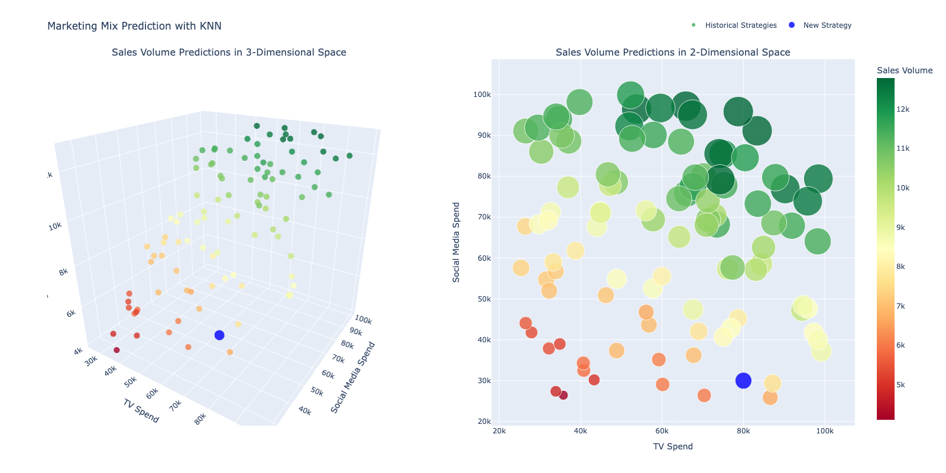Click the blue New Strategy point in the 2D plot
pos(743,381)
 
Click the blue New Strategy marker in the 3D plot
pos(219,335)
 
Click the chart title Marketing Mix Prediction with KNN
pos(134,26)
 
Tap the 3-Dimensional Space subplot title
pos(229,52)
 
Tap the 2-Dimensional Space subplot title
pos(673,52)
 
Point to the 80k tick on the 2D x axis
pos(743,431)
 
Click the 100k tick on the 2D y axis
pos(482,95)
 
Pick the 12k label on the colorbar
pos(903,109)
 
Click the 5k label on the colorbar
pos(900,385)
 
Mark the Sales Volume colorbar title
pos(905,70)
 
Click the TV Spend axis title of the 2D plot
pos(673,446)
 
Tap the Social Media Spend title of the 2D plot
pos(456,242)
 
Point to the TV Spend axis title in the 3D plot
pos(141,411)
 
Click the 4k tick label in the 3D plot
pos(78,352)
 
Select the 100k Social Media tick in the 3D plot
pos(363,320)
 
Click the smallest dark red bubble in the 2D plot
pos(563,395)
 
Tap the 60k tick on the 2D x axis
pos(662,431)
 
